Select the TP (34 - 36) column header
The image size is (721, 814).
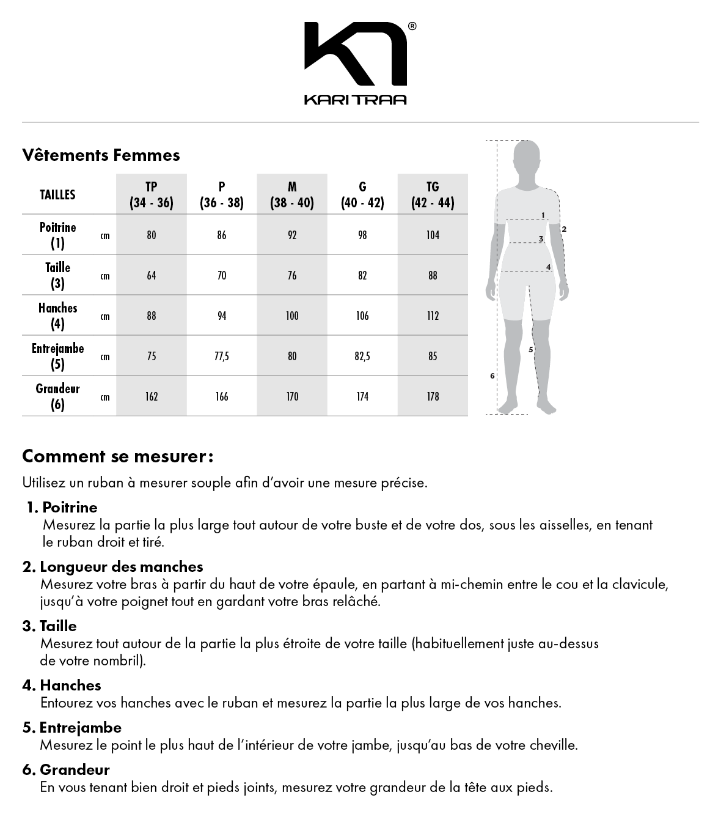click(x=152, y=195)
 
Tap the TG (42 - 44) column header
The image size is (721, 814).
click(x=433, y=195)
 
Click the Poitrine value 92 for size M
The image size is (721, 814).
click(x=292, y=235)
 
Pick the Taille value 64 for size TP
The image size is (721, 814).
click(x=152, y=276)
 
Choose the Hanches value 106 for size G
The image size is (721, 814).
click(x=362, y=316)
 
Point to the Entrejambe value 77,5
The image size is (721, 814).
click(x=222, y=357)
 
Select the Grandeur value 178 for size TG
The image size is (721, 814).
click(x=433, y=397)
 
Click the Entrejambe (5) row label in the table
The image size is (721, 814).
click(x=58, y=357)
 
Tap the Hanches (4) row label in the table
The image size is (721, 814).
click(x=58, y=316)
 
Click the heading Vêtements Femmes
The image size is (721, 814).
click(x=101, y=155)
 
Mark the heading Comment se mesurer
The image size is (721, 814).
click(x=117, y=456)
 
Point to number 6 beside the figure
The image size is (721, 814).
click(x=492, y=376)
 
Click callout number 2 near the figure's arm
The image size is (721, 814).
click(x=564, y=229)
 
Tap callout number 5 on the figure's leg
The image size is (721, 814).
click(x=530, y=350)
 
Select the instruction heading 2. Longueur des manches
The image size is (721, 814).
click(x=112, y=567)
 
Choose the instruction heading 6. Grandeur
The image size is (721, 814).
click(x=66, y=770)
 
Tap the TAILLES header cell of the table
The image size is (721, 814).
click(x=58, y=195)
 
